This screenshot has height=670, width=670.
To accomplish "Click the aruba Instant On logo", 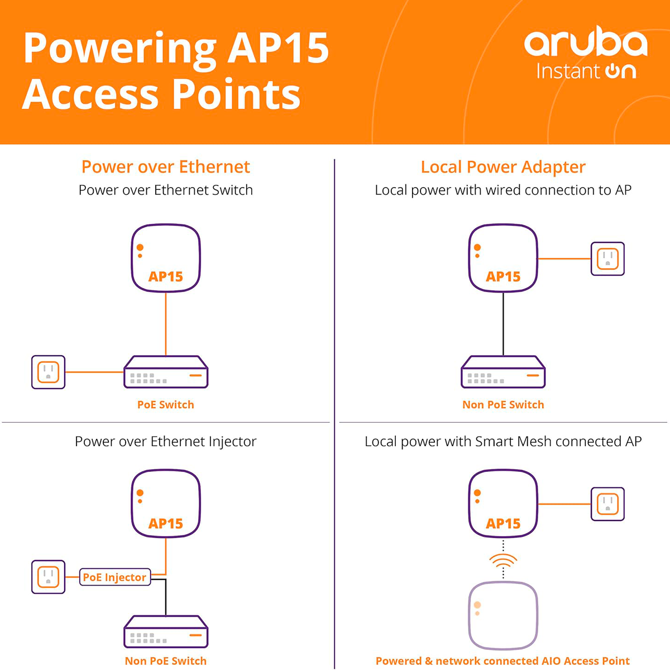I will point(585,52).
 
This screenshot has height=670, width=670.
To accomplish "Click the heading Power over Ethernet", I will point(165,166).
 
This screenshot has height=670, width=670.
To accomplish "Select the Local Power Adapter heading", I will point(502,166).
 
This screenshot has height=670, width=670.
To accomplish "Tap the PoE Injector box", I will point(114,577).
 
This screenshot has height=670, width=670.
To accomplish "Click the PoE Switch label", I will point(165,404).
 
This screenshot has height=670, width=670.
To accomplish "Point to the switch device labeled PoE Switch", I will point(166,372).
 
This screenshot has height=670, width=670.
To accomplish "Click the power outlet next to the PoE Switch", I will point(49,372).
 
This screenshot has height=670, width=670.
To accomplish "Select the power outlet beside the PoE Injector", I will point(49,577).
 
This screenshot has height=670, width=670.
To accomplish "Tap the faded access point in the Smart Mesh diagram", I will point(503,615).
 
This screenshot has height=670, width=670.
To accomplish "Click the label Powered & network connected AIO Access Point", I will point(502,661).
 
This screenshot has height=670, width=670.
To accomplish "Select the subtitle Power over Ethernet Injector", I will point(165,441).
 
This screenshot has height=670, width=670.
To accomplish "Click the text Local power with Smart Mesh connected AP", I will point(502,441).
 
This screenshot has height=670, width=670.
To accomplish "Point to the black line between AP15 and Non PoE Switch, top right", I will point(503,324).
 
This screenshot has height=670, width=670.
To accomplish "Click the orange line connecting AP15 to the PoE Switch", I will point(166,324).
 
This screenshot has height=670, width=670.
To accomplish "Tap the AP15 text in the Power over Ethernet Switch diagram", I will point(166,276).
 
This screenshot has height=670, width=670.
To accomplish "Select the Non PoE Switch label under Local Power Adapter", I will point(502,404).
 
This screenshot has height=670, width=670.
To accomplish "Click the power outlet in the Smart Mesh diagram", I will point(607,504).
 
